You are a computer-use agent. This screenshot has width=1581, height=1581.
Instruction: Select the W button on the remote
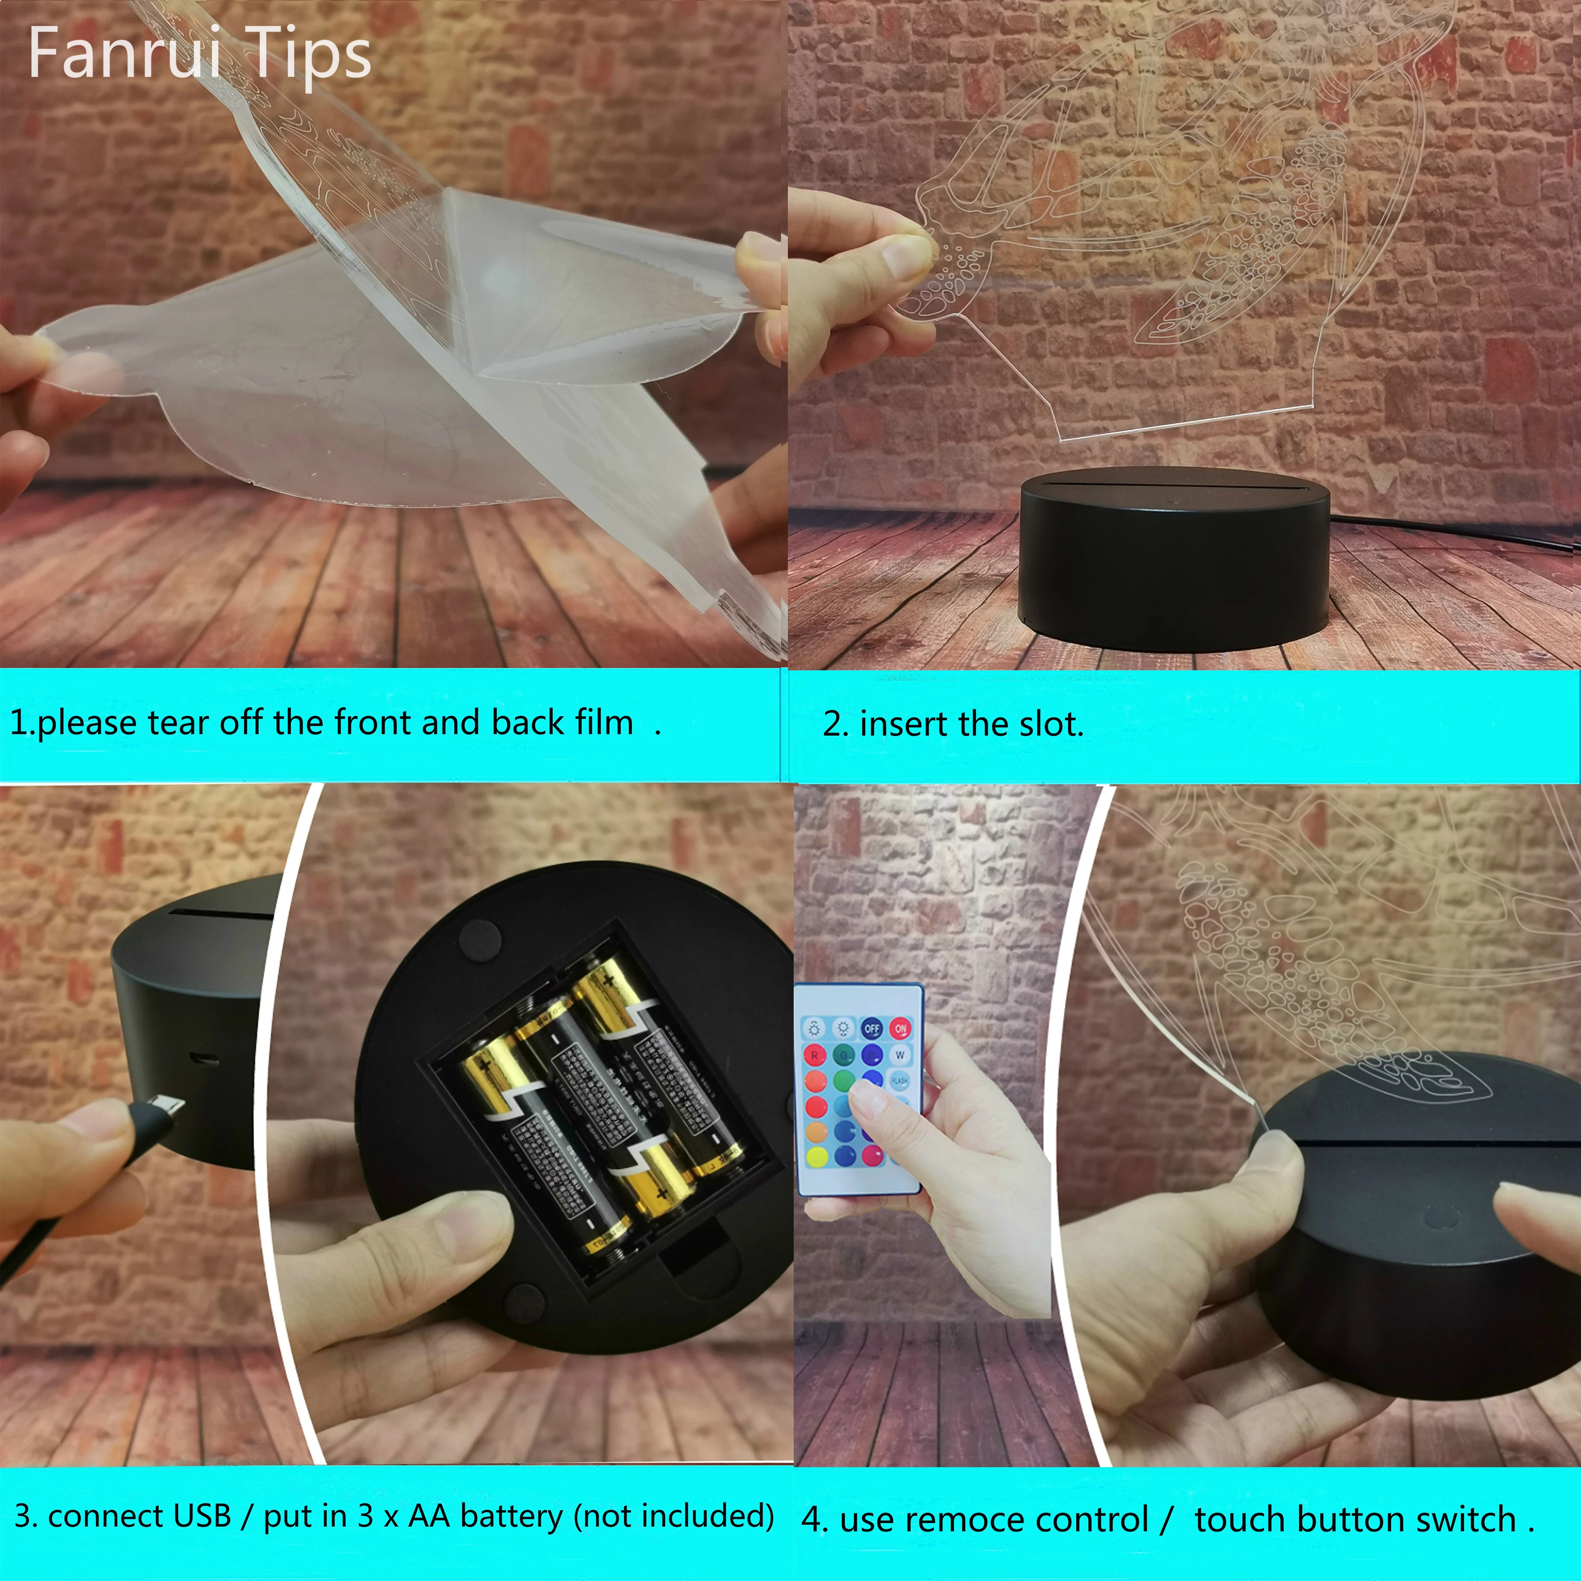click(x=900, y=1055)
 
